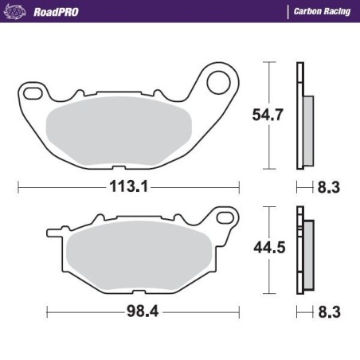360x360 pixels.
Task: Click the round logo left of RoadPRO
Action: (x=15, y=11)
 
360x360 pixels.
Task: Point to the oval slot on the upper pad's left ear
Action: (x=33, y=94)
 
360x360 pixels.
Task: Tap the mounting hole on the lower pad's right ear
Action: (x=225, y=217)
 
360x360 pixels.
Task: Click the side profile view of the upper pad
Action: (x=303, y=116)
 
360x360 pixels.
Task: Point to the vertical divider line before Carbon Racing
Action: (x=287, y=11)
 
